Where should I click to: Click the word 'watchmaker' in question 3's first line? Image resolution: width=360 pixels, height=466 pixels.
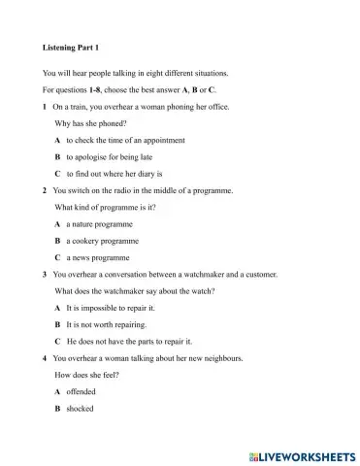[211, 275]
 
